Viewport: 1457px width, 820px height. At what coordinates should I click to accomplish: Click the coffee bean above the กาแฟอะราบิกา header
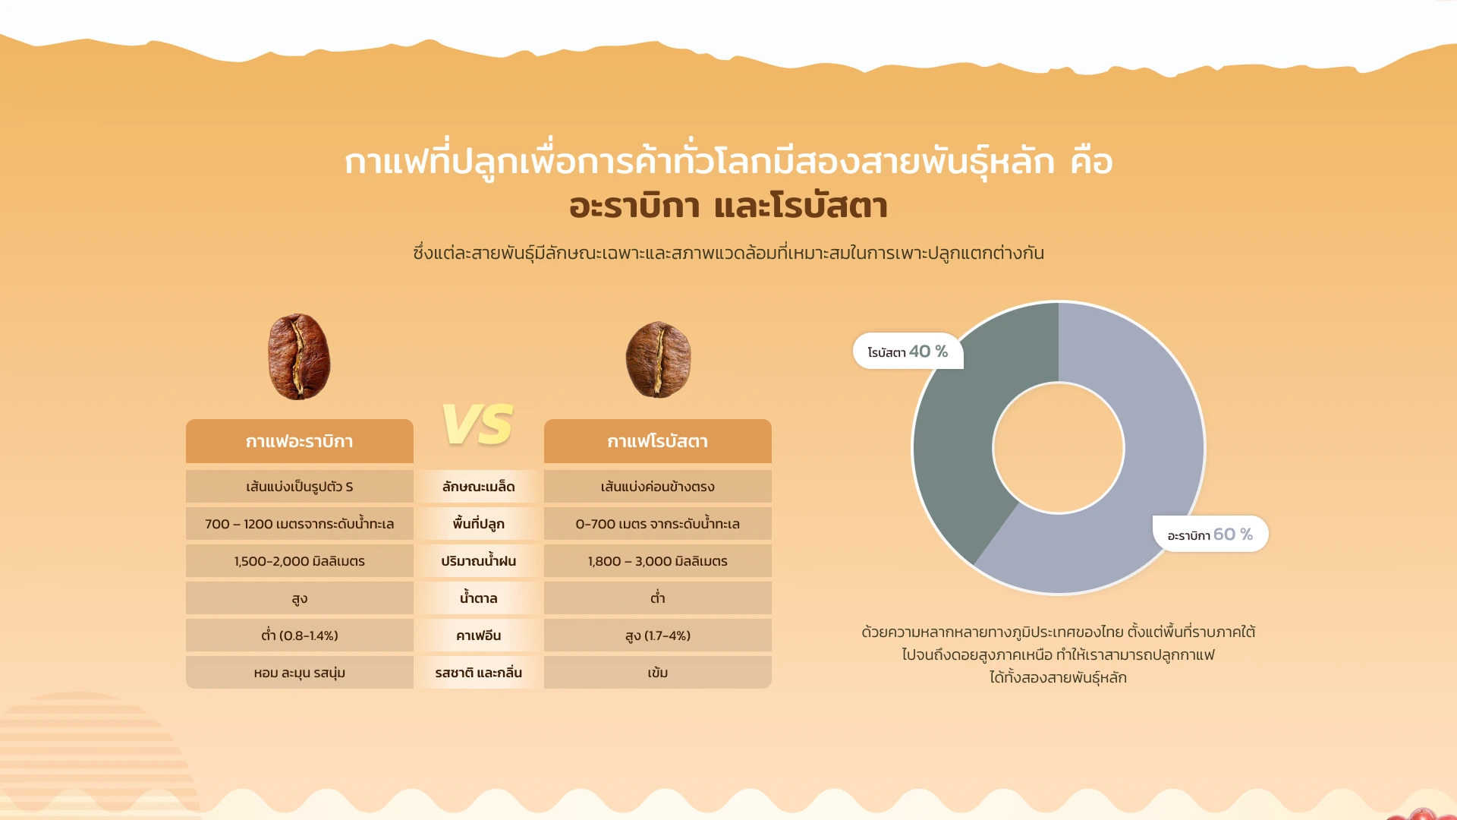pyautogui.click(x=299, y=356)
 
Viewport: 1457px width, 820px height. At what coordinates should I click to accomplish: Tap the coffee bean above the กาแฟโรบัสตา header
pyautogui.click(x=658, y=359)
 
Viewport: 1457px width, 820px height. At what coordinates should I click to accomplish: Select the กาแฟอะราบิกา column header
pyautogui.click(x=300, y=441)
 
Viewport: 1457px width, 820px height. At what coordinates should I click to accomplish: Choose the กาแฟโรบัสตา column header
pyautogui.click(x=658, y=441)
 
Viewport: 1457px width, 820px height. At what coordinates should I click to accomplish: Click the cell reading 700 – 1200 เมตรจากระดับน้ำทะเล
pyautogui.click(x=300, y=524)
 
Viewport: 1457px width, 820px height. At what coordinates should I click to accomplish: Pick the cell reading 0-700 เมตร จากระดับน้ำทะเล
pyautogui.click(x=658, y=524)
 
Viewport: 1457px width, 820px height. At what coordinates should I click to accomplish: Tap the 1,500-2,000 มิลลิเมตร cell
pyautogui.click(x=300, y=561)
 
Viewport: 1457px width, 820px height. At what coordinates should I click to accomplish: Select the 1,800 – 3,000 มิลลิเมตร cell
pyautogui.click(x=658, y=561)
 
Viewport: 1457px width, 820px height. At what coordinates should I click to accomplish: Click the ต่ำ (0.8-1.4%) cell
pyautogui.click(x=300, y=635)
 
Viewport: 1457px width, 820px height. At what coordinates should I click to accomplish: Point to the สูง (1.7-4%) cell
pyautogui.click(x=658, y=635)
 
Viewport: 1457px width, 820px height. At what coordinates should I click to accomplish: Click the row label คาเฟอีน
pyautogui.click(x=479, y=635)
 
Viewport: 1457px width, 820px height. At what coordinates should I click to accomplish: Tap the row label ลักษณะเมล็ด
pyautogui.click(x=479, y=487)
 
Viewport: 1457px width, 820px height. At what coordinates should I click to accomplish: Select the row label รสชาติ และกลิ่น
pyautogui.click(x=479, y=673)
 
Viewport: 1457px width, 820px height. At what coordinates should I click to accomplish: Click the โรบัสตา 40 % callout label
pyautogui.click(x=908, y=352)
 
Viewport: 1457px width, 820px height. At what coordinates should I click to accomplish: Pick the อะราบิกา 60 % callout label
pyautogui.click(x=1210, y=534)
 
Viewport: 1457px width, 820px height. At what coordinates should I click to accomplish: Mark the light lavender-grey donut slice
pyautogui.click(x=1138, y=486)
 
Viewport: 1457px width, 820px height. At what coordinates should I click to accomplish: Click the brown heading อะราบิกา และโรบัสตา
pyautogui.click(x=728, y=206)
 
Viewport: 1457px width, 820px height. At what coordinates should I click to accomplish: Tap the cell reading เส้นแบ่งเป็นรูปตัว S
pyautogui.click(x=300, y=487)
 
